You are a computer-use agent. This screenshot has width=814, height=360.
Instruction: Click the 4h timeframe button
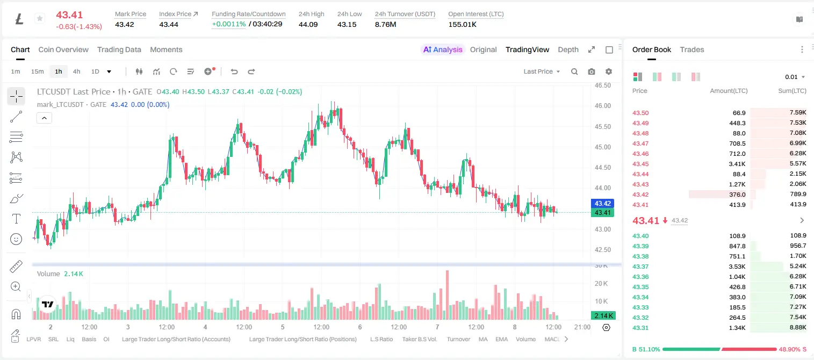click(76, 71)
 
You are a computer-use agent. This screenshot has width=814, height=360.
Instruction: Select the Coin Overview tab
click(63, 49)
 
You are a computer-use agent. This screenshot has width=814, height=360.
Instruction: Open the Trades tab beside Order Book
click(692, 49)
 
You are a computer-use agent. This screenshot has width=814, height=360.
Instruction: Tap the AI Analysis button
click(443, 49)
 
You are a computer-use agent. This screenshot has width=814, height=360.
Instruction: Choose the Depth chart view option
click(568, 49)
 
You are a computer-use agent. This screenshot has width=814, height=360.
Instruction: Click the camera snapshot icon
click(592, 71)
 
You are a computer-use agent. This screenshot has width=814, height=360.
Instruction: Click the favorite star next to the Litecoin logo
click(40, 18)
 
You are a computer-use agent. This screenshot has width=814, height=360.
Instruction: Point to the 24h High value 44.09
click(308, 24)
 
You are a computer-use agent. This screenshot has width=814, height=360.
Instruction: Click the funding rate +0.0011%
click(229, 24)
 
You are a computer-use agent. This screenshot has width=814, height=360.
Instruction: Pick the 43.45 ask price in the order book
click(640, 164)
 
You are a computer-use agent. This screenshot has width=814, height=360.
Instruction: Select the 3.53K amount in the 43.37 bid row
click(737, 267)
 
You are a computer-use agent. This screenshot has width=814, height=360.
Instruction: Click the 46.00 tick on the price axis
click(602, 106)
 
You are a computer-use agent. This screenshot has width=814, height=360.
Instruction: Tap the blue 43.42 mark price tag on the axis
click(602, 204)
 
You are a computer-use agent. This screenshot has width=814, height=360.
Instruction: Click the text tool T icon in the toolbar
click(16, 219)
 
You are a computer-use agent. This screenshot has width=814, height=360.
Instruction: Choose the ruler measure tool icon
click(16, 267)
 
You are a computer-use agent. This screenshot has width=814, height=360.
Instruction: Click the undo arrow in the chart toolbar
click(234, 71)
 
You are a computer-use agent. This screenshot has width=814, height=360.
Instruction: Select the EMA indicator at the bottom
click(501, 339)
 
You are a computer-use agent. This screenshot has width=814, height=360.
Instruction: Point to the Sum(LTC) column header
click(792, 91)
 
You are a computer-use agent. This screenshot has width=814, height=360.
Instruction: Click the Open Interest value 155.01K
click(462, 24)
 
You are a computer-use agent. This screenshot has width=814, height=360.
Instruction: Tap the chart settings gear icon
click(609, 71)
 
